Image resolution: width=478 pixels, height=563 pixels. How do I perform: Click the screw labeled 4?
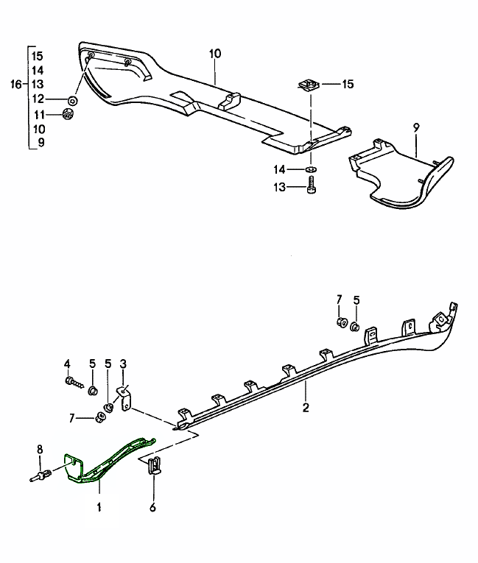[71, 382]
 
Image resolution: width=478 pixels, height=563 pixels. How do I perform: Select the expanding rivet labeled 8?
[42, 474]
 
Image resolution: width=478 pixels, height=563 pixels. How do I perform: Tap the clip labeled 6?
[155, 467]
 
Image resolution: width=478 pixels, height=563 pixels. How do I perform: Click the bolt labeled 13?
[311, 187]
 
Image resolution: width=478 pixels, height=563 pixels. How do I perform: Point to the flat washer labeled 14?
[309, 170]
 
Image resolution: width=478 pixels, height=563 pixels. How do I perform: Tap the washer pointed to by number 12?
[74, 99]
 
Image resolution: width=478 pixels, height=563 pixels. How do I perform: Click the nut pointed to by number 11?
[70, 115]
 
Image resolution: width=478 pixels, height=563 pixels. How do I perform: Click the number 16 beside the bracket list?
[16, 85]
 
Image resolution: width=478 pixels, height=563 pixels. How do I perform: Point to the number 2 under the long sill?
[306, 406]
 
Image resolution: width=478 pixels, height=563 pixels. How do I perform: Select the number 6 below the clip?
[153, 507]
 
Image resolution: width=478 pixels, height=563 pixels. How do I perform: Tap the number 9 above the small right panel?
[415, 127]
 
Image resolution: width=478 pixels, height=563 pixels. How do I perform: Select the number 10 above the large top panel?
[215, 54]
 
